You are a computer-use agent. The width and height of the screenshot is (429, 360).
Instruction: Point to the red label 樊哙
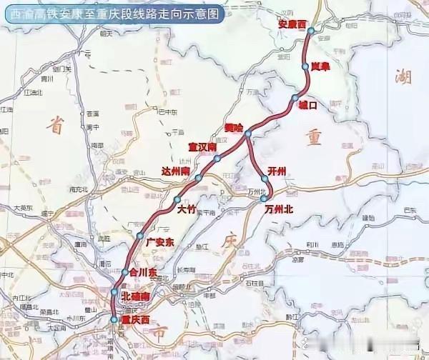(x=233, y=127)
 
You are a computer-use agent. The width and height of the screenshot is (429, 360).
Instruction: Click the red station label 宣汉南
(x=202, y=147)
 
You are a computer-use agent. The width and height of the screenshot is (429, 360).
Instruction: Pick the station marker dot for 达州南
(x=199, y=178)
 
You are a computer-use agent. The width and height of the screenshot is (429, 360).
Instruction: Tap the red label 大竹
(x=185, y=209)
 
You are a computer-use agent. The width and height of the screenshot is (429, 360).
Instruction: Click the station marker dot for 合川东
(x=124, y=272)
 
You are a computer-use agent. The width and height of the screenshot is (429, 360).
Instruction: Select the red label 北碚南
(x=135, y=296)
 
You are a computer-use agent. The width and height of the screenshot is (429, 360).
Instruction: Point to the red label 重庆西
(x=137, y=319)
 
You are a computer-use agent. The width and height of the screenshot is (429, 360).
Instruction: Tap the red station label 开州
(x=276, y=170)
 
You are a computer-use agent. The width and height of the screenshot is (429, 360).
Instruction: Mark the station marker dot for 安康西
(x=310, y=31)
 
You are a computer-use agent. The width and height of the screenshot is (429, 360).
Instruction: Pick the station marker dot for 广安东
(x=141, y=236)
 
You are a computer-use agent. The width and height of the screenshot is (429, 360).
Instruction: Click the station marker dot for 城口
(x=295, y=98)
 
